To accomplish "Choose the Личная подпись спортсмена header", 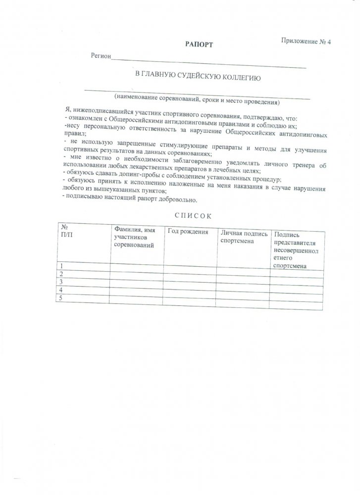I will pyautogui.click(x=241, y=237).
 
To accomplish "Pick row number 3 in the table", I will pyautogui.click(x=61, y=282).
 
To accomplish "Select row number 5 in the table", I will pyautogui.click(x=61, y=297).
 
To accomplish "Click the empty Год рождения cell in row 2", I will pyautogui.click(x=190, y=275).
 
